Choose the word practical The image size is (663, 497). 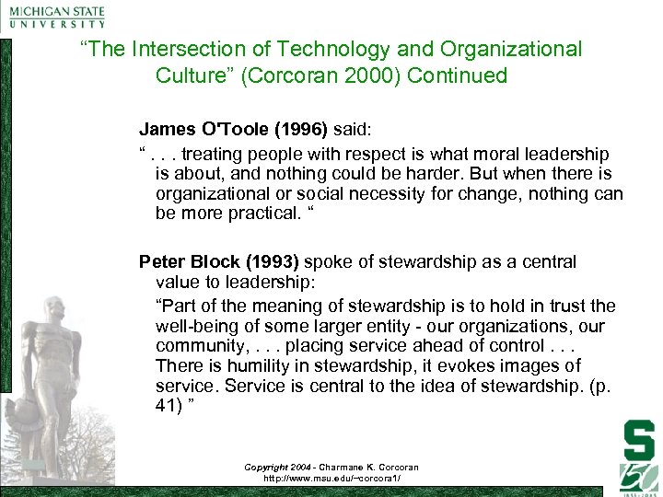pos(259,214)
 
